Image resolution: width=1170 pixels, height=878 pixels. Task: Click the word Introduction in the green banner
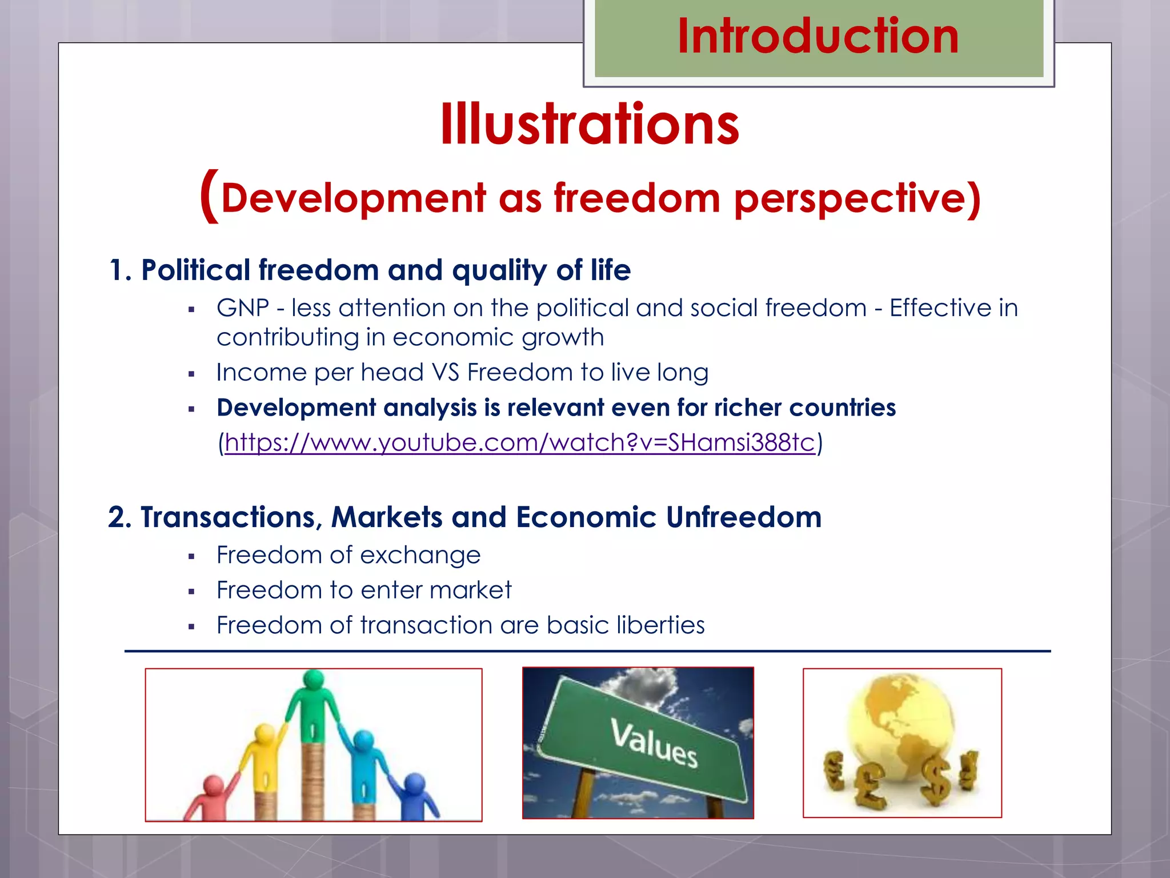coord(818,37)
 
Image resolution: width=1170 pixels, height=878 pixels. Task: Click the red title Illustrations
coord(590,125)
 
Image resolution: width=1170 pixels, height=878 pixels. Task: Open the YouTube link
coord(519,442)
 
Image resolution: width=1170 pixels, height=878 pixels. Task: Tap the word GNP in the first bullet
coord(242,308)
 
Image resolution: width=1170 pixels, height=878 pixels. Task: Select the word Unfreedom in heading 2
coord(743,517)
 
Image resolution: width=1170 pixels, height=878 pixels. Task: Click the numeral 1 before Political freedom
coord(116,270)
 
